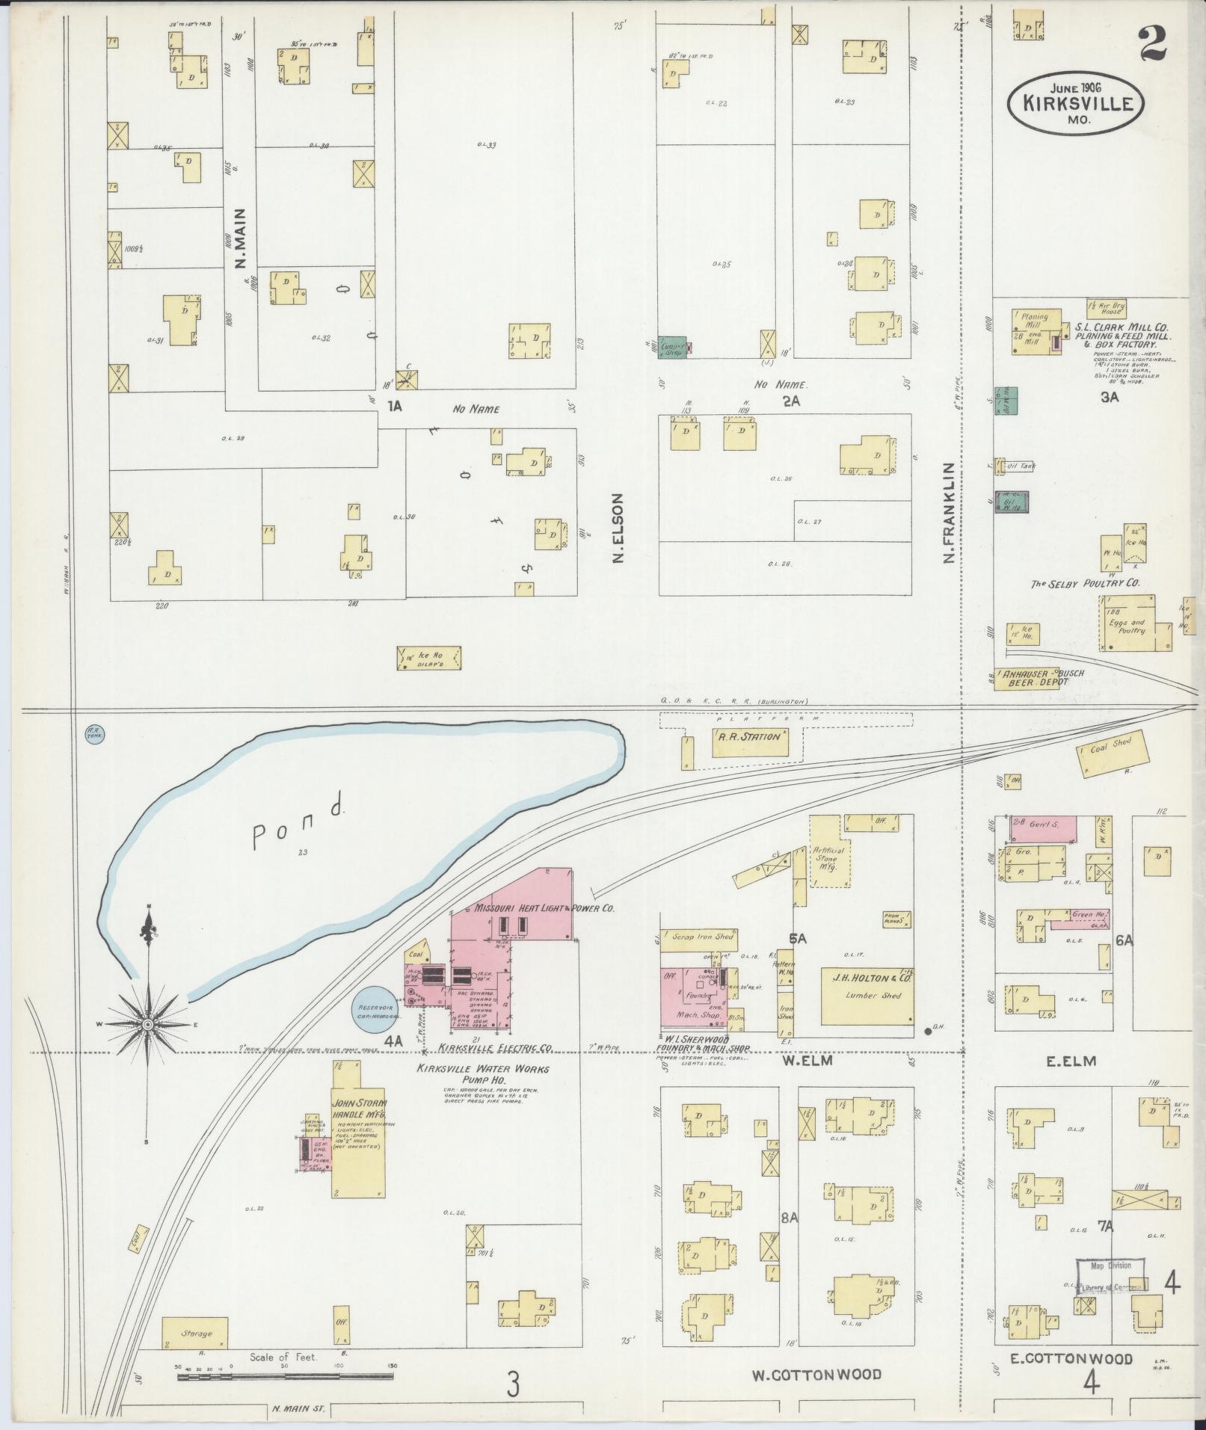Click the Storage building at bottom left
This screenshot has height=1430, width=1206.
(195, 1333)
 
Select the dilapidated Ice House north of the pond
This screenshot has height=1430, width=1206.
(428, 658)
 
